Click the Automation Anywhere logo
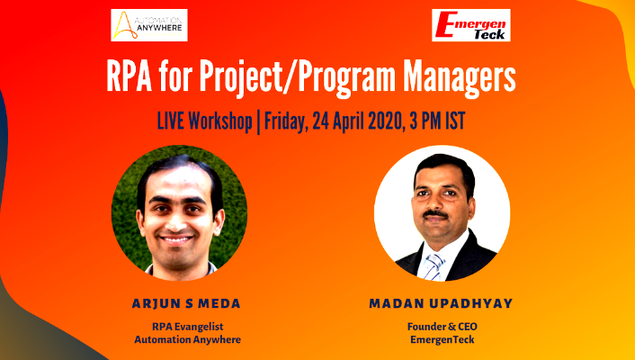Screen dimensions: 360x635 148,25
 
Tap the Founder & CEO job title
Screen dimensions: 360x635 441,325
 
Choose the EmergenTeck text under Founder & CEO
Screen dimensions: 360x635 441,339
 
